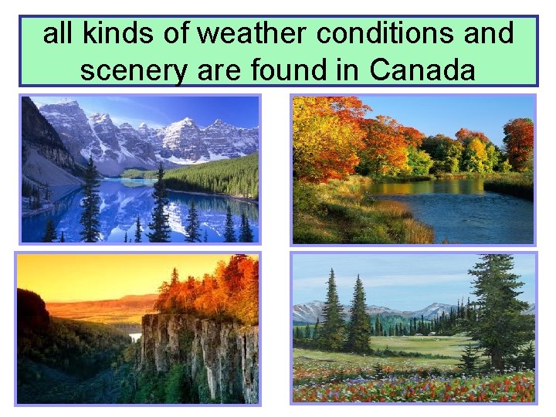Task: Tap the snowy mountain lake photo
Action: click(x=140, y=168)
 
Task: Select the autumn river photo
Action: click(x=412, y=168)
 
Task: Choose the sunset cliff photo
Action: click(x=138, y=328)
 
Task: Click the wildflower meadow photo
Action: click(x=412, y=328)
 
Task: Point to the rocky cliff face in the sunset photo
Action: click(x=197, y=351)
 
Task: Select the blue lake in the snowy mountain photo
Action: click(x=116, y=212)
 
